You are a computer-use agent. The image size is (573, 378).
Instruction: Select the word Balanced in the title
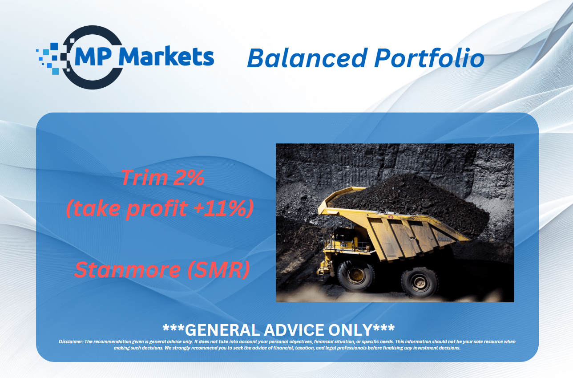(307, 58)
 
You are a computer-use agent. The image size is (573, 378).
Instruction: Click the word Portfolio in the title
(429, 58)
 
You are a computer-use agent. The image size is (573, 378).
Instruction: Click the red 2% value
(189, 178)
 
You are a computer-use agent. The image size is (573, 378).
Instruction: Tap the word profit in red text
(157, 208)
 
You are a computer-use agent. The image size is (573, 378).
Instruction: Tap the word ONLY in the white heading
(350, 330)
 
